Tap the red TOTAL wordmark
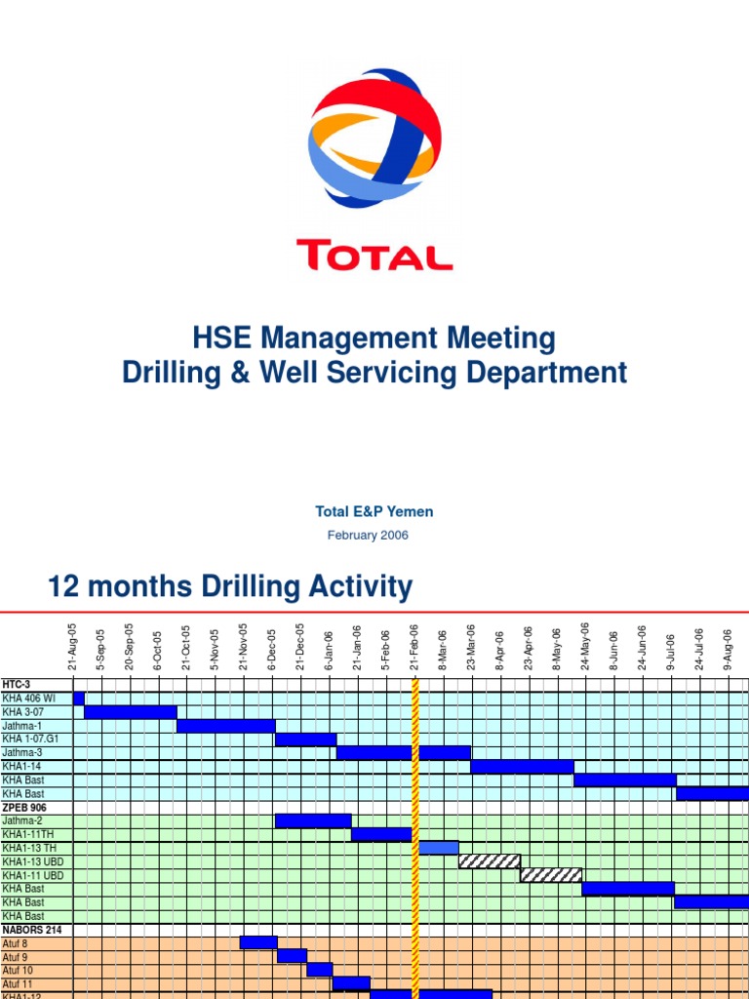[x=374, y=256]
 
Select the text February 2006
[x=368, y=535]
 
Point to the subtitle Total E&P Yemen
[x=374, y=511]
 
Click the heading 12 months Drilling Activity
[x=230, y=587]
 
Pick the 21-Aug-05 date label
[x=73, y=647]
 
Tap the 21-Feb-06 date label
[x=414, y=647]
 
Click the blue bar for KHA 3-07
[x=131, y=712]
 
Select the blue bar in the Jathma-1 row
[x=225, y=726]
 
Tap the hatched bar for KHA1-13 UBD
[x=488, y=861]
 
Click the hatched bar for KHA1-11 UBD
[x=551, y=875]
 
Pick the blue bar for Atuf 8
[x=258, y=942]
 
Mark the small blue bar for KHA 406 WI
[x=79, y=699]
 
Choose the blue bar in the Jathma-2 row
[x=313, y=820]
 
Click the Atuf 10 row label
[x=18, y=971]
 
